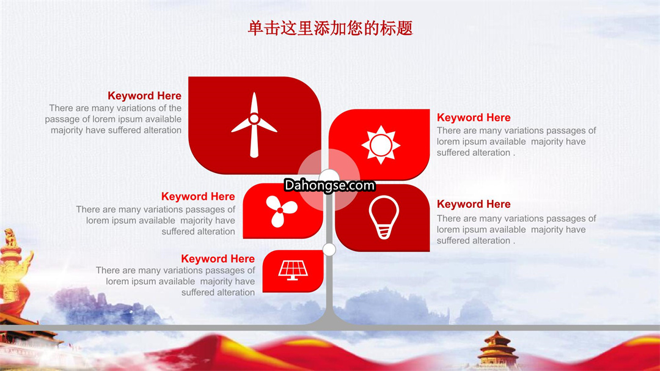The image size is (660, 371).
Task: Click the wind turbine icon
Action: [254, 125]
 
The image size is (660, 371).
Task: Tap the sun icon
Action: [381, 144]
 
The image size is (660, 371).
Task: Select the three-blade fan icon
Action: [280, 210]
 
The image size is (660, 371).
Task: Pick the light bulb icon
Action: [383, 218]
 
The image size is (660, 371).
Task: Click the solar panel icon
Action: [293, 270]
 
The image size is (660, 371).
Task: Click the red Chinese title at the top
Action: [330, 28]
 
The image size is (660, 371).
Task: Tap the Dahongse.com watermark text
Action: [329, 185]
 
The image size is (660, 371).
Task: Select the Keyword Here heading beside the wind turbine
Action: [144, 95]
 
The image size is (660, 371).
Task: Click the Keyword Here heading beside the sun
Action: [474, 117]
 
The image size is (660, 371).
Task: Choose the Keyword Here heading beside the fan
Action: [198, 196]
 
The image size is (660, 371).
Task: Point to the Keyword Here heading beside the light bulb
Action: [474, 204]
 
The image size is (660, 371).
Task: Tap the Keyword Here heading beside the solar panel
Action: [218, 259]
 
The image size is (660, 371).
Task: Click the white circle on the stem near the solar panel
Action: [329, 249]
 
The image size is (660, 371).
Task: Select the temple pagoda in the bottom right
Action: [497, 350]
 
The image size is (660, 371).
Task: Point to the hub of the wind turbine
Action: [254, 119]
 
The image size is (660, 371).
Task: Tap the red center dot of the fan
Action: [280, 210]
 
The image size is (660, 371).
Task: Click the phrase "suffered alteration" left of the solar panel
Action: [218, 292]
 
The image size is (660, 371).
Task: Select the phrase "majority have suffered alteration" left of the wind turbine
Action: [116, 130]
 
